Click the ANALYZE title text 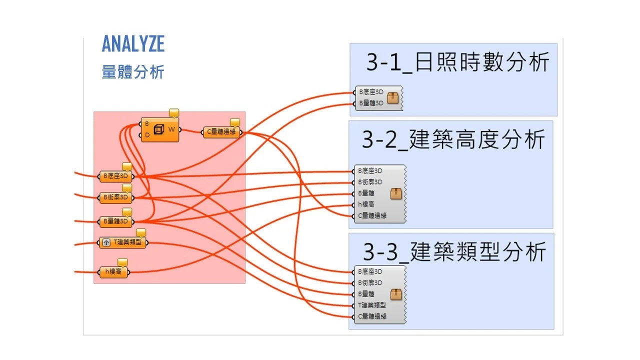[133, 44]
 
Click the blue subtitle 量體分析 [133, 72]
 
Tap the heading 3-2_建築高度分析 [453, 139]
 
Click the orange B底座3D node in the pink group [116, 176]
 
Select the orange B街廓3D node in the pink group [116, 197]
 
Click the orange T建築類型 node [122, 243]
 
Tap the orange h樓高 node [113, 272]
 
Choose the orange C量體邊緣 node [221, 132]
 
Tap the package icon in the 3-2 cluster [396, 193]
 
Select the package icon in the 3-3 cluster [396, 294]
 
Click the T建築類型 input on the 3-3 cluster [372, 305]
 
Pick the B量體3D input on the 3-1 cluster [370, 103]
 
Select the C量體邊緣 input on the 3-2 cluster [372, 216]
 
